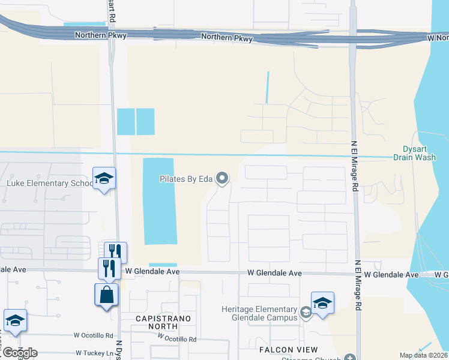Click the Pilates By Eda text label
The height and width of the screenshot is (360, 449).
tap(185, 179)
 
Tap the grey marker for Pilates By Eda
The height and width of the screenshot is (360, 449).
tap(222, 178)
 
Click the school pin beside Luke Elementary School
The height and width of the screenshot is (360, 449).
tap(104, 179)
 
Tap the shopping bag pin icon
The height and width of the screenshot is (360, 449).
tap(107, 295)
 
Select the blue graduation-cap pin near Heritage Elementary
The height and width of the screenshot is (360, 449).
tap(322, 303)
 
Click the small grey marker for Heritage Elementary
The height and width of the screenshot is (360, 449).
tap(306, 312)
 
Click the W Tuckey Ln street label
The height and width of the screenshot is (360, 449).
tap(94, 353)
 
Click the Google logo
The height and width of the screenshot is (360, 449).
tap(19, 353)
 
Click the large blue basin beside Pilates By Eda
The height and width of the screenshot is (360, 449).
tap(159, 201)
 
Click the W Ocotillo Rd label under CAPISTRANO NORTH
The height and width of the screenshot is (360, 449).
tap(176, 339)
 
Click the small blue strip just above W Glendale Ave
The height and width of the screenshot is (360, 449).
tap(163, 265)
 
